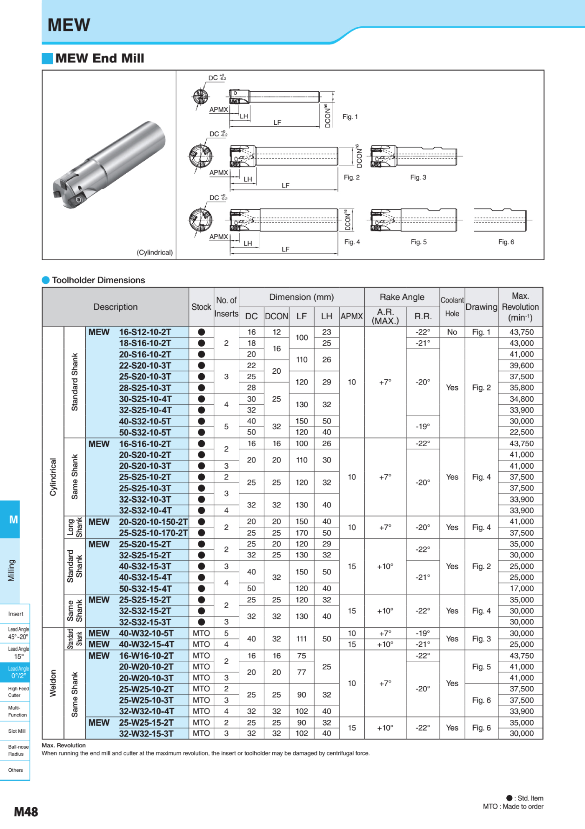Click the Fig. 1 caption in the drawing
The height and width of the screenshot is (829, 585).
coord(350,117)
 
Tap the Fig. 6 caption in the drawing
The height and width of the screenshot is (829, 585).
coord(506,242)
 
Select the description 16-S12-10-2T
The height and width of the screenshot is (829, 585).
coord(145,332)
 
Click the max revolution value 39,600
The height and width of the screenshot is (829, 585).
coord(521,366)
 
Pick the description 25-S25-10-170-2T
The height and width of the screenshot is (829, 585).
coord(153,533)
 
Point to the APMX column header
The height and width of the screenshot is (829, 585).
coord(352,316)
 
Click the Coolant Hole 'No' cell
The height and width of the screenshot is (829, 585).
coord(452,332)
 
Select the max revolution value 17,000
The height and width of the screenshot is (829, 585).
coord(521,589)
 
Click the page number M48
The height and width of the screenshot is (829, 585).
coord(26,812)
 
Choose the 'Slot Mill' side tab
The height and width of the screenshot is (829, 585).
coord(17,731)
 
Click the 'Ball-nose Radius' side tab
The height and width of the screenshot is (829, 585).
coord(18,750)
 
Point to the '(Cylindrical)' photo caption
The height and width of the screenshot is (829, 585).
coord(154,253)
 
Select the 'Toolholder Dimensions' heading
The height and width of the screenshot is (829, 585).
coord(98,280)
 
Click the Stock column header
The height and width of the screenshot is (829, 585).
coord(201,307)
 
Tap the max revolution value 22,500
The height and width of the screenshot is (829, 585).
coord(521,432)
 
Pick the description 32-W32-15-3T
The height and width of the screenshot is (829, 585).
coord(146,734)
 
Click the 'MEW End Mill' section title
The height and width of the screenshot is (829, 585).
coord(100,58)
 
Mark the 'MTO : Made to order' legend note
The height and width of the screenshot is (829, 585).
coord(513,806)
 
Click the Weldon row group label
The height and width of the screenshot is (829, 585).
coord(53,683)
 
